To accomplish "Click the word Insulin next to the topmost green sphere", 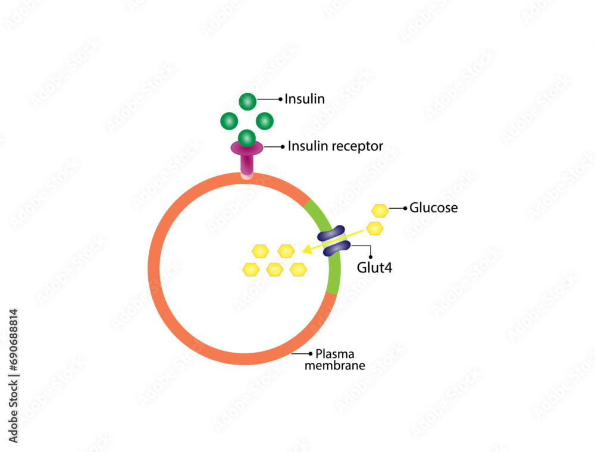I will click(x=305, y=99).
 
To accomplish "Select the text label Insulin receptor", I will click(x=335, y=146).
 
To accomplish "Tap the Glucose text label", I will click(x=434, y=208).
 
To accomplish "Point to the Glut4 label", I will click(x=374, y=268).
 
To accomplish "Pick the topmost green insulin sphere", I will click(x=248, y=102).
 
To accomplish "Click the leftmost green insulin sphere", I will click(x=229, y=121).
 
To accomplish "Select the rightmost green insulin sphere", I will click(x=265, y=121).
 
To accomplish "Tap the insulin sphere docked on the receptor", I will click(x=247, y=138).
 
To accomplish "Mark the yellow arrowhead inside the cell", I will click(x=307, y=250).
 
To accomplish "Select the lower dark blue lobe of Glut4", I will click(x=336, y=248).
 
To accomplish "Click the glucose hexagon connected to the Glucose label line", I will click(x=380, y=210).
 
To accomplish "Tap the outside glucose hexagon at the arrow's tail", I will click(x=374, y=228).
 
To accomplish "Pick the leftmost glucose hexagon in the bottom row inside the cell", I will click(x=251, y=269).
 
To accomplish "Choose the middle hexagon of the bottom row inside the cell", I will click(x=274, y=269).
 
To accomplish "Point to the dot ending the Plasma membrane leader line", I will click(x=311, y=353).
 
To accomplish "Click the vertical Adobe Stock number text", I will click(x=14, y=375).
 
